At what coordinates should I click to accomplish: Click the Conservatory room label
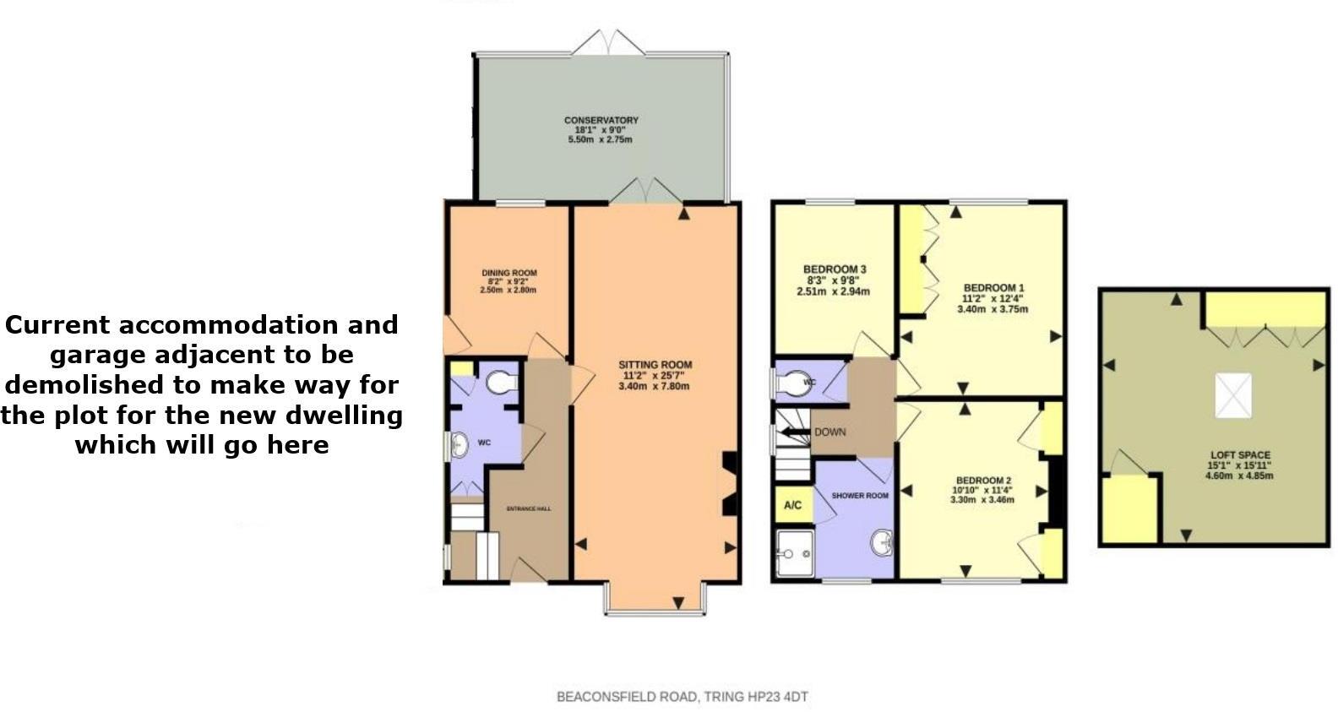coord(601,121)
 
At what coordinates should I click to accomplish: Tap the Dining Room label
coord(509,273)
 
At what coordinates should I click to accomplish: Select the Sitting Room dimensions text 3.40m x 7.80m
coord(654,387)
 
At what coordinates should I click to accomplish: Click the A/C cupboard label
coord(792,506)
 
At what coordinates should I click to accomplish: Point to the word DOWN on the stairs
coord(829,432)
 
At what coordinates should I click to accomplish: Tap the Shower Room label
coord(860,495)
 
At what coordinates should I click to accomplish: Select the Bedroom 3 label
coord(834,269)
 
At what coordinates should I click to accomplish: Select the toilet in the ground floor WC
coord(503,382)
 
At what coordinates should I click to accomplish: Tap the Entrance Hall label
coord(528,508)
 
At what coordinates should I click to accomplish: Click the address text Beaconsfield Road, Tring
coord(682,697)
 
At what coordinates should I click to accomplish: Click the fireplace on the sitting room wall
coord(729,484)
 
